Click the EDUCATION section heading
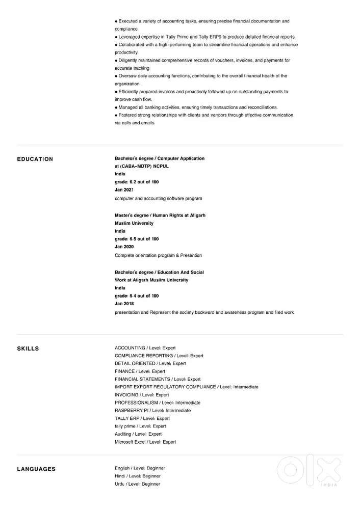[35, 159]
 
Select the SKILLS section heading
[28, 349]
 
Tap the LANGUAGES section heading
[36, 469]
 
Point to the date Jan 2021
[124, 190]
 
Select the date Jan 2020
[124, 247]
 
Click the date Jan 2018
[124, 304]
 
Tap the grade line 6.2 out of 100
[137, 182]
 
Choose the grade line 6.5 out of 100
[137, 239]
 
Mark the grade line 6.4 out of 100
[137, 296]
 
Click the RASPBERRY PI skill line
[153, 410]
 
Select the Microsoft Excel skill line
[145, 442]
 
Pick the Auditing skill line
[138, 434]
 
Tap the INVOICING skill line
[142, 395]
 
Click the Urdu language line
[137, 484]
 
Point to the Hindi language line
[138, 476]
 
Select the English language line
[140, 468]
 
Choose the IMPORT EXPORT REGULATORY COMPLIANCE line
[186, 387]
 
